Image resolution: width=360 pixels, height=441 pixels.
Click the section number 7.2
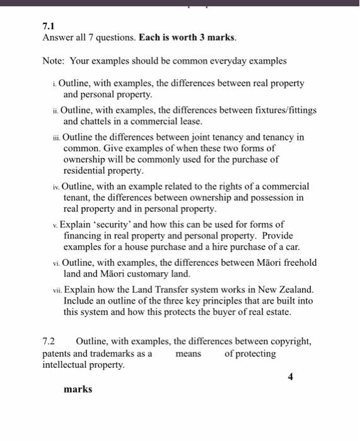click(x=49, y=341)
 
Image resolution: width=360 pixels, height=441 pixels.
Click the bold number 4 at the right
click(x=291, y=377)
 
